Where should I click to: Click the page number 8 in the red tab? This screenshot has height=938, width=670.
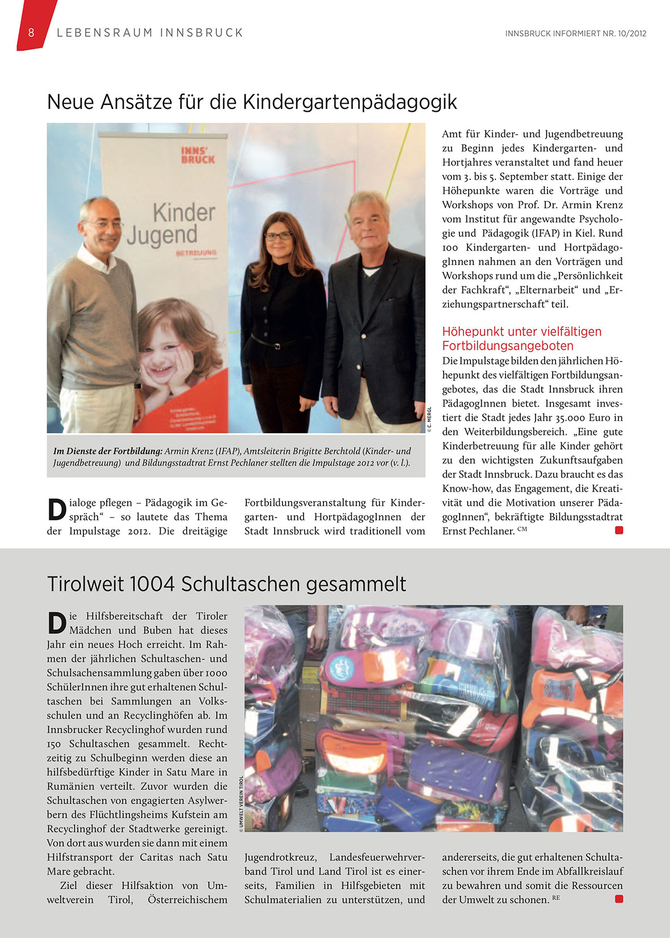click(x=31, y=33)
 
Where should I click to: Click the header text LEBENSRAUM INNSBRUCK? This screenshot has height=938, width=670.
click(x=150, y=33)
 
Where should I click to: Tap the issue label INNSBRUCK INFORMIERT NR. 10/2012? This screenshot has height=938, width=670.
click(x=575, y=33)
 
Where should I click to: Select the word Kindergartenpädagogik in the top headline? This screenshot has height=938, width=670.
click(x=350, y=102)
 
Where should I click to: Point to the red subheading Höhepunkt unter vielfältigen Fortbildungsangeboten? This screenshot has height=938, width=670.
click(x=521, y=339)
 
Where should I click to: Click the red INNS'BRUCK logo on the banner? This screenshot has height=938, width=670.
click(x=197, y=155)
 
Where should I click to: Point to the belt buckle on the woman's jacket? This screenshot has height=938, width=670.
click(x=278, y=345)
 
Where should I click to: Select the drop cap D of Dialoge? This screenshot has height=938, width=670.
click(x=56, y=509)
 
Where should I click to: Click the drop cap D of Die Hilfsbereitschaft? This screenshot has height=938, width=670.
click(x=56, y=623)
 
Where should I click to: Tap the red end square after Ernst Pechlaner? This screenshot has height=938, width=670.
click(x=619, y=530)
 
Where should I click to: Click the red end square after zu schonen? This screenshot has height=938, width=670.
click(x=619, y=899)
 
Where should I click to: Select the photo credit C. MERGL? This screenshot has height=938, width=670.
click(x=429, y=420)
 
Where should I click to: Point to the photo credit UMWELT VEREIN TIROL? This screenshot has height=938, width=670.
click(x=241, y=804)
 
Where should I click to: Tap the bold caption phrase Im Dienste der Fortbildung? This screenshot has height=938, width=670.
click(x=108, y=451)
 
